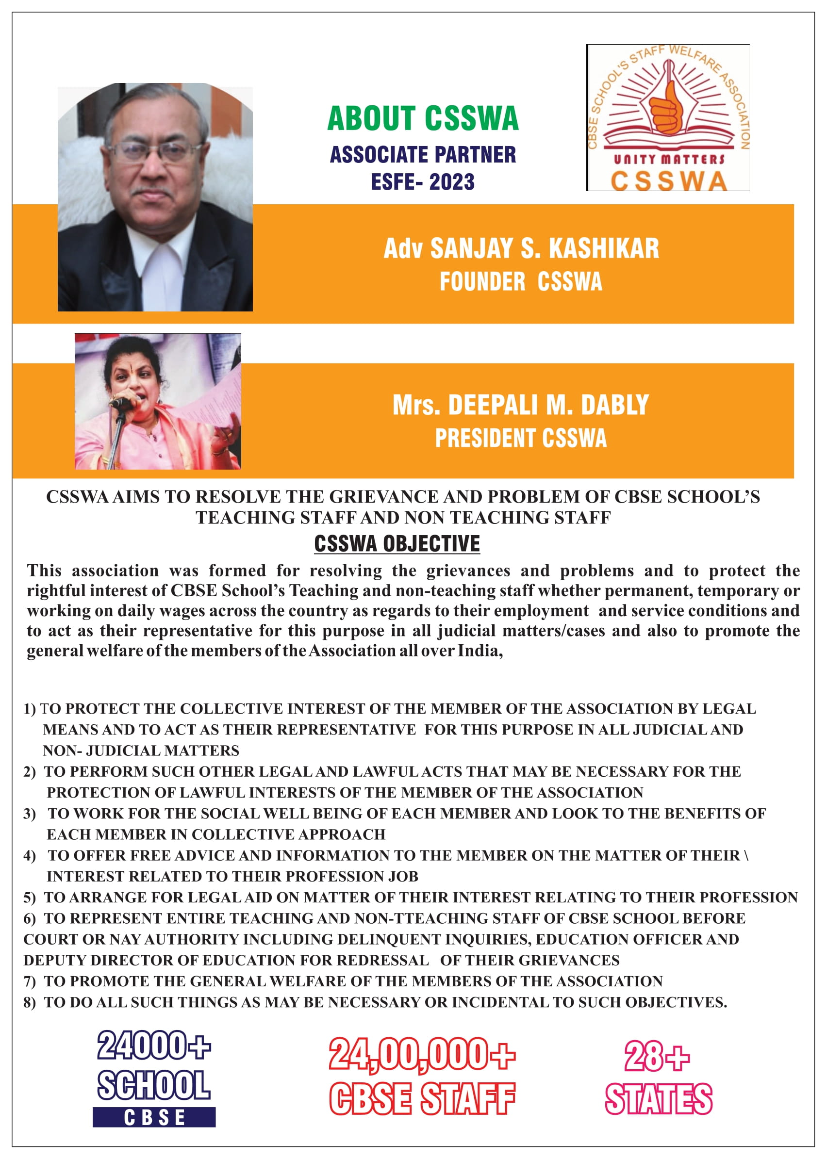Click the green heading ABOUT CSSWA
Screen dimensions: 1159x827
pos(423,118)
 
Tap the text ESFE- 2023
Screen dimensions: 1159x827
pos(423,182)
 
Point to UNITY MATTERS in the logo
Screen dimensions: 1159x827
pos(669,159)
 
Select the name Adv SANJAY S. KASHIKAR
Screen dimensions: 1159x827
pos(521,248)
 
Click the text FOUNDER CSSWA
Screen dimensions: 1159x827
pos(521,282)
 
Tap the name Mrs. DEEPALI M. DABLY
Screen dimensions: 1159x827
pos(520,405)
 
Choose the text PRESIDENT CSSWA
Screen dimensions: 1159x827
pos(520,438)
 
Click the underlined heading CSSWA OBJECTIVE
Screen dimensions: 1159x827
pos(397,544)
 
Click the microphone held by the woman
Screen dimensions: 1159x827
pos(120,403)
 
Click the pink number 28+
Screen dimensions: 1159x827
pos(657,1057)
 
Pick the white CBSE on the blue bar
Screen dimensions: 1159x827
pos(154,1118)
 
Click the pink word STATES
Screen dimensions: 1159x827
pos(659,1099)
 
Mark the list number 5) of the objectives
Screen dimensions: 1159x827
pos(30,898)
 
